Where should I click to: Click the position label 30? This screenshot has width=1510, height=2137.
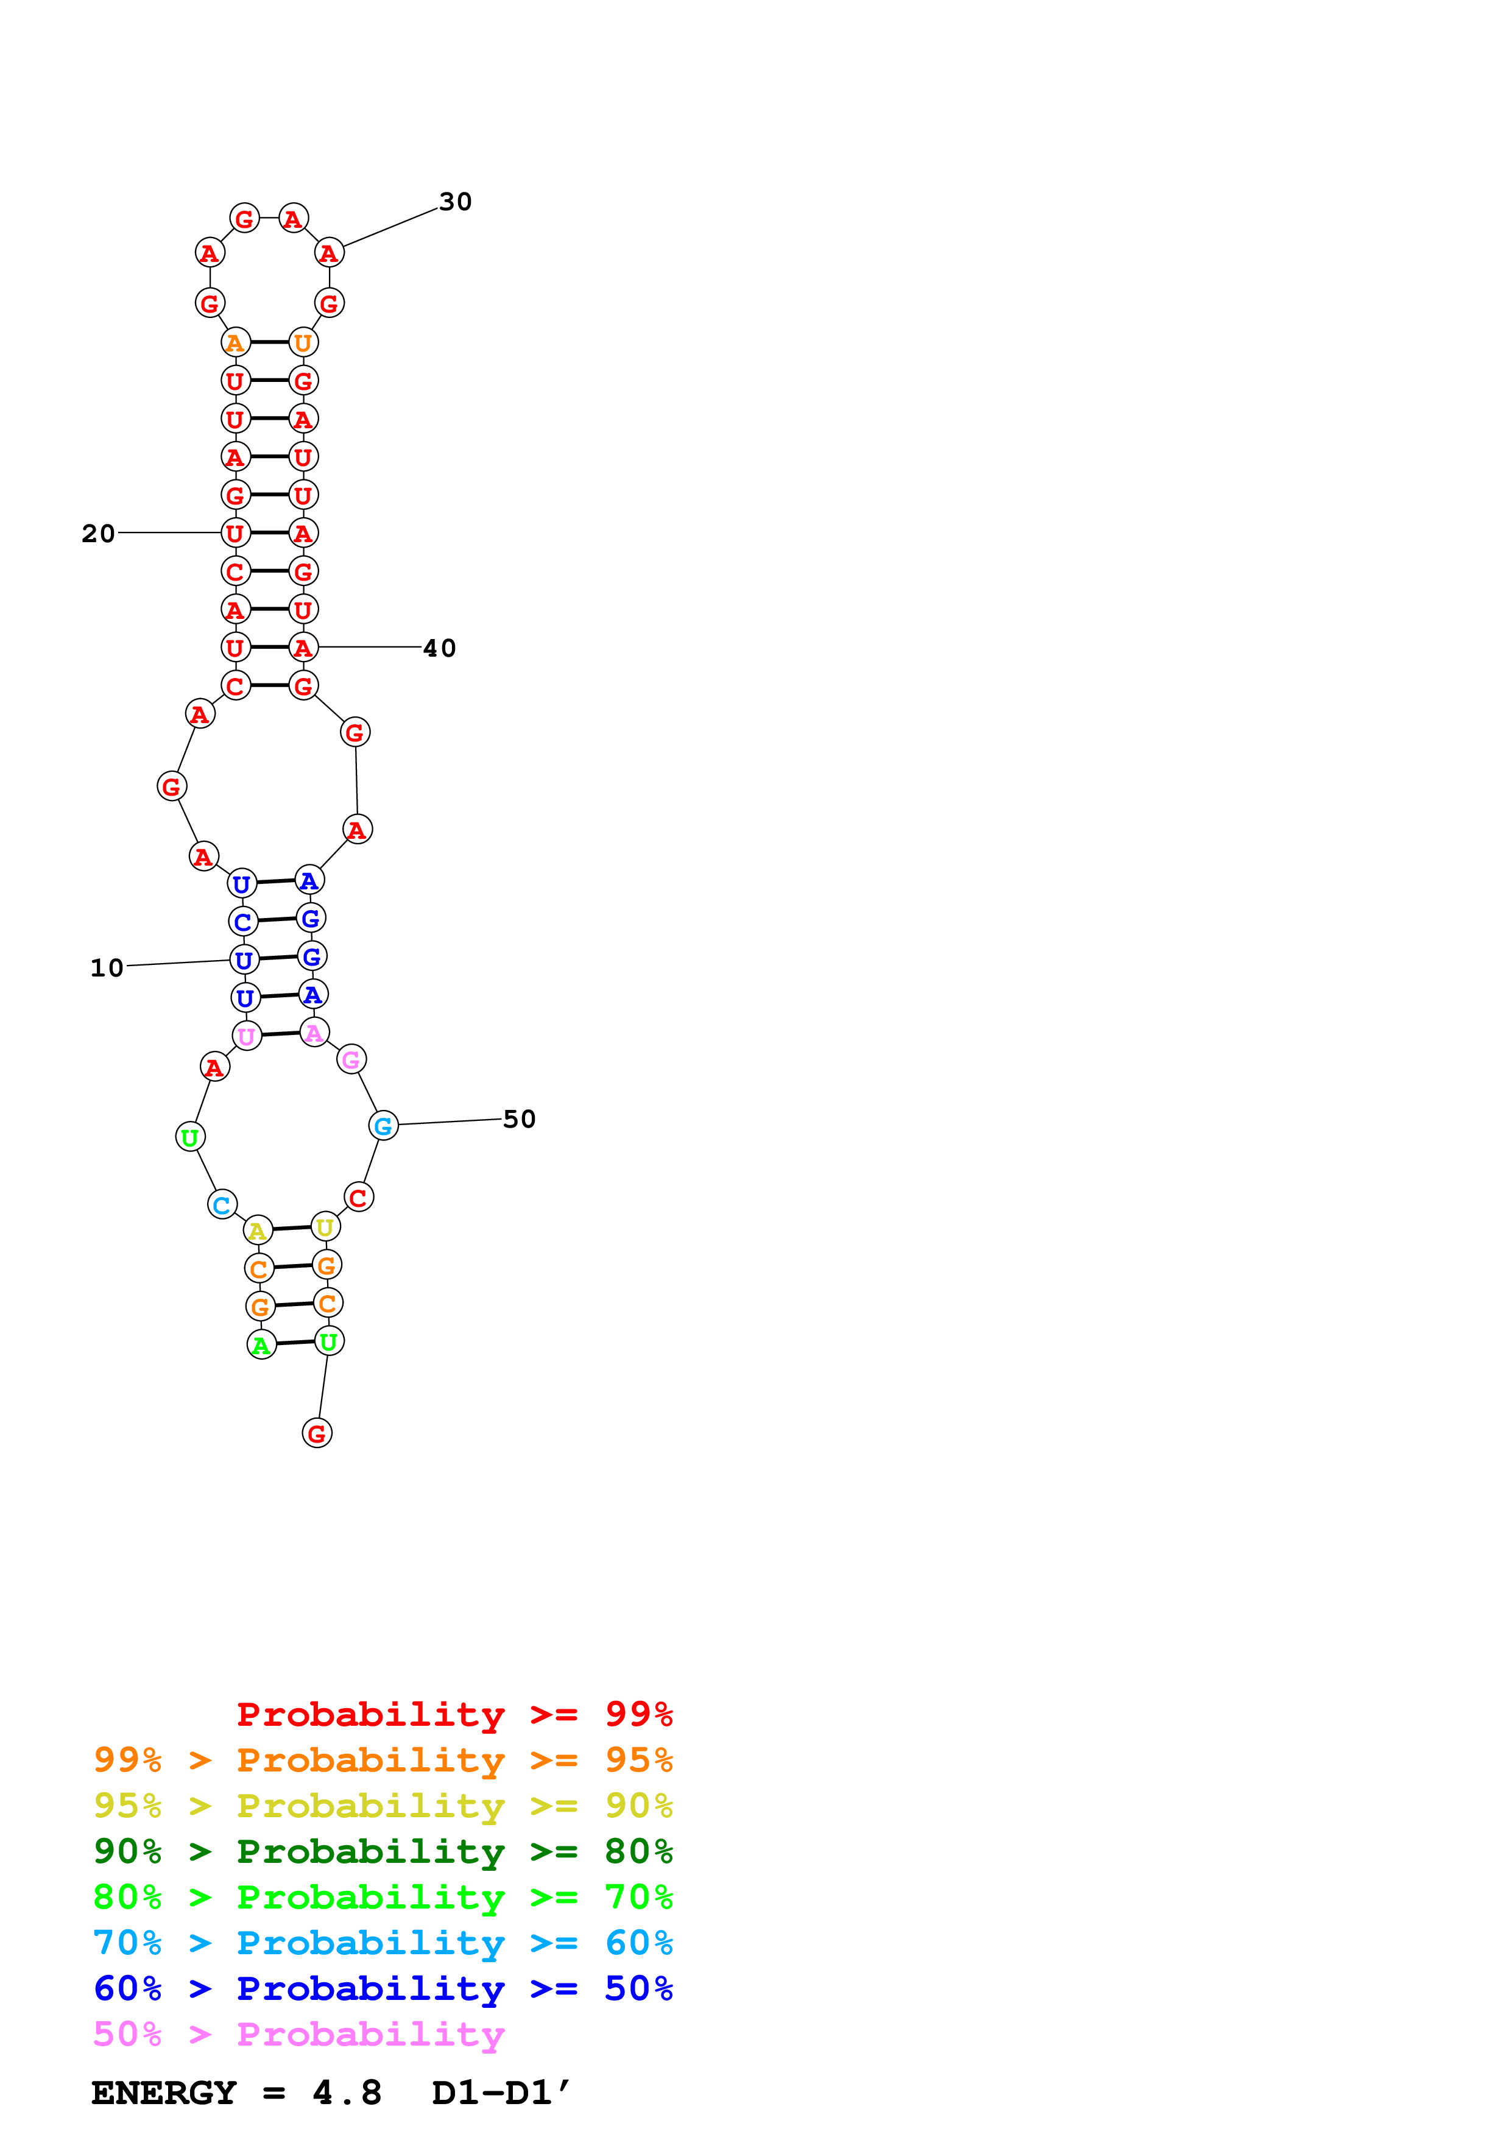[455, 202]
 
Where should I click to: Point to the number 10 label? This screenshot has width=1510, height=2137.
[107, 968]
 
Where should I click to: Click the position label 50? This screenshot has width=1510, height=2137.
[519, 1119]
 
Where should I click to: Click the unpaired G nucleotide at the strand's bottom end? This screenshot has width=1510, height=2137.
[317, 1433]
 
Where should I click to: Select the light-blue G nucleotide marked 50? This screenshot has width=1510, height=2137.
[383, 1126]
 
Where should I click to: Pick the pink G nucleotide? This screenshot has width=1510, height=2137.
[351, 1059]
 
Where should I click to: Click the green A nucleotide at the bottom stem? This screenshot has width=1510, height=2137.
[261, 1345]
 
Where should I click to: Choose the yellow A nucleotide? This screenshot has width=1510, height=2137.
[258, 1231]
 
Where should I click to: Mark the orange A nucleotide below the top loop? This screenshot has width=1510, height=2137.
[235, 342]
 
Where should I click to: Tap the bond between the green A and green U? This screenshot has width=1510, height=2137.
[295, 1343]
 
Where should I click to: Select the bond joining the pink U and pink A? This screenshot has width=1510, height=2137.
[280, 1034]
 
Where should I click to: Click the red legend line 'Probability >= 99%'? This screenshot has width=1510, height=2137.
[454, 1714]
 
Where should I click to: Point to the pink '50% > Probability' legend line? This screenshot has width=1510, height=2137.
[298, 2035]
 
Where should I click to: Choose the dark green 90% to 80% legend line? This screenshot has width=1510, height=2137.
[383, 1851]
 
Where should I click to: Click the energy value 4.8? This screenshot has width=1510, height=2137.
[347, 2093]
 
